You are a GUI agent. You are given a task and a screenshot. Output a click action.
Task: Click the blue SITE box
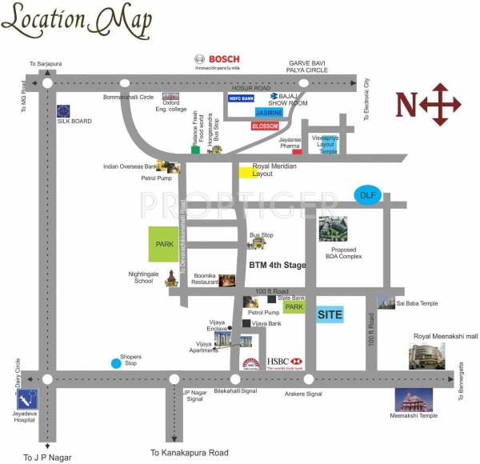(330, 314)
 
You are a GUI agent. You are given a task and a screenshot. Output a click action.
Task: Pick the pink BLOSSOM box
(265, 126)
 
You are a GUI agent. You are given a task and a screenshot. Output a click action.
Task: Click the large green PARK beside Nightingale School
(165, 245)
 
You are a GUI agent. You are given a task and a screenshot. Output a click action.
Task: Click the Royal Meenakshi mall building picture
(426, 355)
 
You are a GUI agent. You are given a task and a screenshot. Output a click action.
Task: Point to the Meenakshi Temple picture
(414, 399)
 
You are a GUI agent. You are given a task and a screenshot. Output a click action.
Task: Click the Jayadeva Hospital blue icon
(28, 398)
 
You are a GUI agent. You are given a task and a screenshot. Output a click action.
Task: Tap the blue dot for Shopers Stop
(117, 363)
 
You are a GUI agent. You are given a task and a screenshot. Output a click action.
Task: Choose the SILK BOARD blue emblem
(63, 111)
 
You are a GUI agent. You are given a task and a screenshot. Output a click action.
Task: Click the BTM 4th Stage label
(277, 265)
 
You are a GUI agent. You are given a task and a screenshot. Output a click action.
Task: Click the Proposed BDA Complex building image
(333, 230)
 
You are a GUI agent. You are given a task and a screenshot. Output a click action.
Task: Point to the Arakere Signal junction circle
(309, 379)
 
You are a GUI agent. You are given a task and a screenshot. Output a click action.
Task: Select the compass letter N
(408, 104)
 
